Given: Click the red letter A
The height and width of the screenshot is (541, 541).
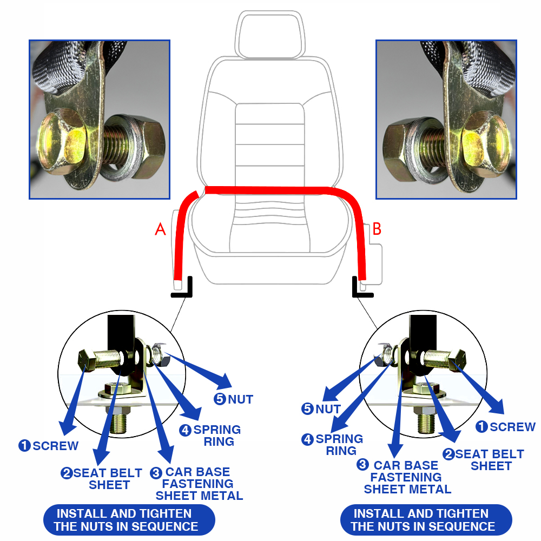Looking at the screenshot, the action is pyautogui.click(x=161, y=229).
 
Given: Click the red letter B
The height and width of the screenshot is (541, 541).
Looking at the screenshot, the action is pyautogui.click(x=377, y=229).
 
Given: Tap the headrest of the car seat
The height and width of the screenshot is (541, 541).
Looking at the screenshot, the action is pyautogui.click(x=270, y=35).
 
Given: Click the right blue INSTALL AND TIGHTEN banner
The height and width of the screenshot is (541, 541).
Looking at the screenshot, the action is pyautogui.click(x=426, y=520).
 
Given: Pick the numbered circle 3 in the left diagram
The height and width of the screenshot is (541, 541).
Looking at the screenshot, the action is pyautogui.click(x=156, y=473).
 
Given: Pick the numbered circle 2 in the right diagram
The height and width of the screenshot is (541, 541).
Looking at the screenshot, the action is pyautogui.click(x=449, y=454).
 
